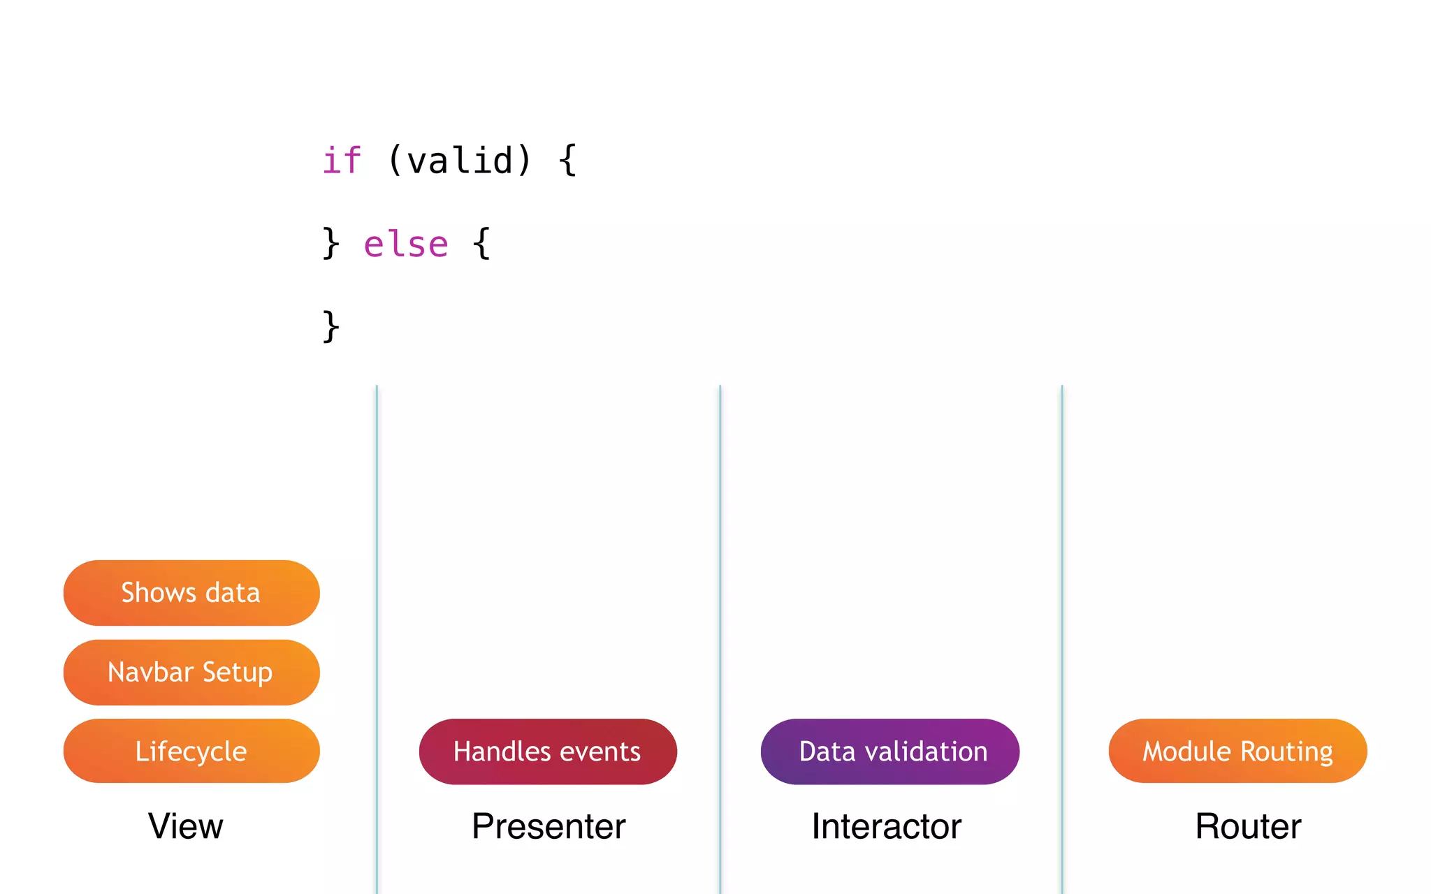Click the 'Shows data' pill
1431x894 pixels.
[x=191, y=592]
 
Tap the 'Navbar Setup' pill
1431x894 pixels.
[x=191, y=672]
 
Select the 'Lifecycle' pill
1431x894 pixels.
[x=191, y=751]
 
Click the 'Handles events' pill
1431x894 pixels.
[x=547, y=752]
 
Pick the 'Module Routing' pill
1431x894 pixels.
[x=1237, y=751]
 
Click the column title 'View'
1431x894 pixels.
[x=186, y=826]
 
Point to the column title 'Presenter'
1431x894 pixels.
[x=549, y=826]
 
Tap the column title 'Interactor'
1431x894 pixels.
[x=886, y=826]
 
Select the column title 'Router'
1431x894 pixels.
[x=1248, y=826]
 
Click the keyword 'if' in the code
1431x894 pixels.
[x=342, y=161]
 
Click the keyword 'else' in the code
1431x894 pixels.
[x=406, y=244]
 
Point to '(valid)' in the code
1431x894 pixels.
[x=460, y=161]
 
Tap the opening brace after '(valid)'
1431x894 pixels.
[x=567, y=161]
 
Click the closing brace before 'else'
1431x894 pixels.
[x=330, y=244]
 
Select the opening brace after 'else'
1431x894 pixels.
[x=481, y=244]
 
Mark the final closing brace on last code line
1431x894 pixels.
[x=330, y=327]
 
